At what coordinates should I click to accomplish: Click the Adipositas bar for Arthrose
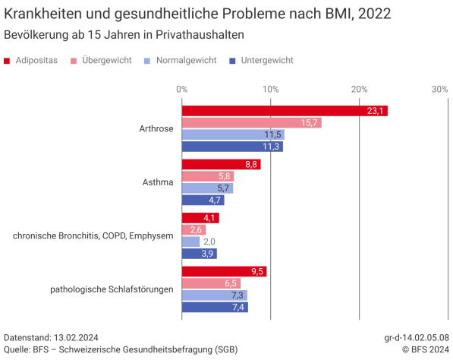284,111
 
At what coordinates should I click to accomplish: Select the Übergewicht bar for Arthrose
251,123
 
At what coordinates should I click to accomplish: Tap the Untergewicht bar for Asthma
203,201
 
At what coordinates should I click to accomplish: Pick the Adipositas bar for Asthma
221,164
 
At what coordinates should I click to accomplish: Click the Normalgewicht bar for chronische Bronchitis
190,242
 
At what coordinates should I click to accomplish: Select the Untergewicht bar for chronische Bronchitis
199,254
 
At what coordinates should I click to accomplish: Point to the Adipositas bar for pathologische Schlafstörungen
224,271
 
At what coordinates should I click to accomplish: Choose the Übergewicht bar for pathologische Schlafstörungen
210,283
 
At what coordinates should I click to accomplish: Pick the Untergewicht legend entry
261,60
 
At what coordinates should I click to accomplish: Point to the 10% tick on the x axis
270,90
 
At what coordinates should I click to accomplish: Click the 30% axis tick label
439,90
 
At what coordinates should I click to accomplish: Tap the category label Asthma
158,182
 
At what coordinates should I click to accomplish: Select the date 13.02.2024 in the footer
76,337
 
